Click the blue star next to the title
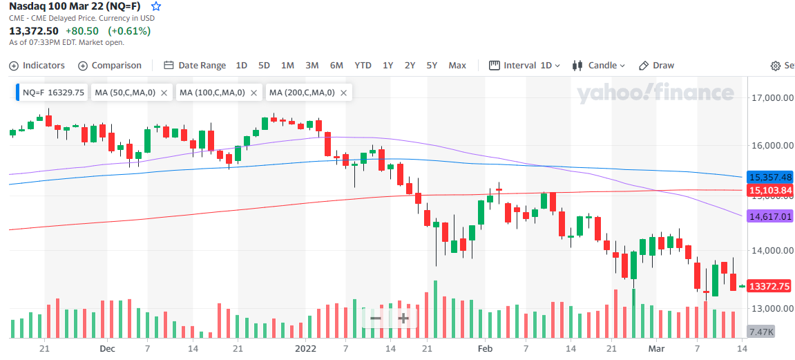tap(157, 7)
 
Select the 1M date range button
tap(287, 66)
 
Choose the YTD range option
tap(363, 66)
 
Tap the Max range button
tap(457, 66)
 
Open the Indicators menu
tap(37, 66)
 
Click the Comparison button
tap(110, 66)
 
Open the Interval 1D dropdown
tap(524, 66)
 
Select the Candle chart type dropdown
tap(598, 66)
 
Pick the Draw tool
tap(657, 66)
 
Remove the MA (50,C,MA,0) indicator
tap(164, 93)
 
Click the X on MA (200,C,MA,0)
tap(343, 93)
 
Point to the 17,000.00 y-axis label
tap(771, 97)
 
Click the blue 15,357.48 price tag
tap(770, 177)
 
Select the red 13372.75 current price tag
tap(770, 287)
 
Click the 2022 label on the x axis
tap(306, 349)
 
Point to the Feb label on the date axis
tap(485, 349)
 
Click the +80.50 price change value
tap(82, 31)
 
